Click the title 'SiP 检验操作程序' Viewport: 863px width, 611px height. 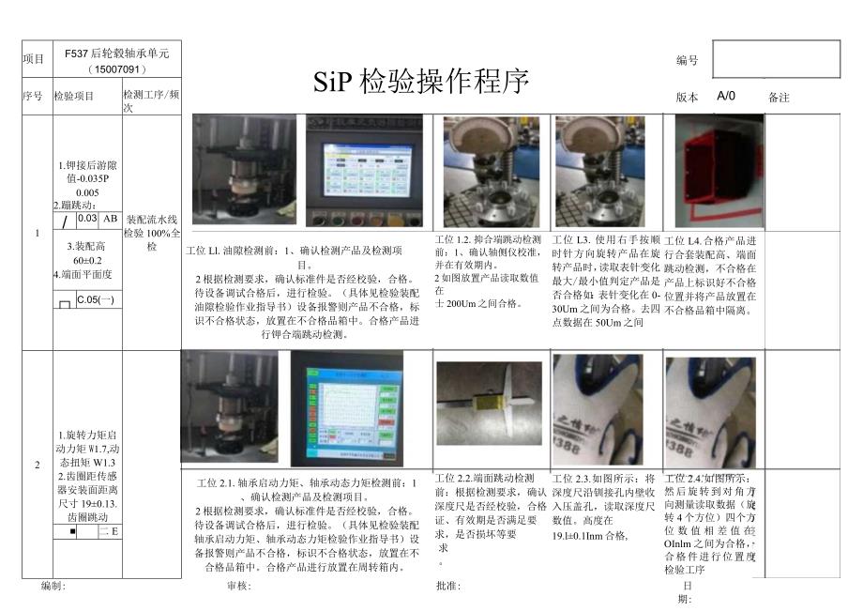(x=421, y=82)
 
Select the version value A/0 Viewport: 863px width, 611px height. (x=726, y=96)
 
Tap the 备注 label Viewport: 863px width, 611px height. (x=779, y=97)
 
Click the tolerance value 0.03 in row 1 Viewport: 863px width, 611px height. (x=87, y=219)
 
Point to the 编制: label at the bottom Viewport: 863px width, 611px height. (x=53, y=585)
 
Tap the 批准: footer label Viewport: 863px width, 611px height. (x=448, y=585)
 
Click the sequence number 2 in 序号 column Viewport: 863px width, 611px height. (x=38, y=465)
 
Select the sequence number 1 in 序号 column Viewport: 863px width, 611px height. (x=38, y=232)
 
